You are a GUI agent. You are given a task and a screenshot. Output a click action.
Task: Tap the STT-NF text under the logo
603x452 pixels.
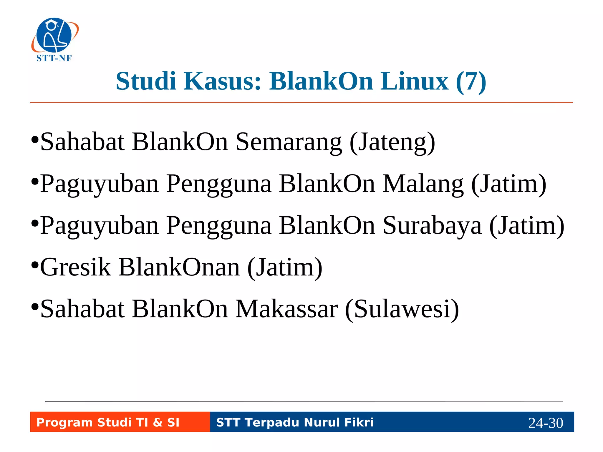pyautogui.click(x=54, y=58)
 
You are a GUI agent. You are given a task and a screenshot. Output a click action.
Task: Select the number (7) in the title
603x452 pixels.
pyautogui.click(x=471, y=82)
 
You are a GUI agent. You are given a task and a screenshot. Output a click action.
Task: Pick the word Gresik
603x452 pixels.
pyautogui.click(x=75, y=267)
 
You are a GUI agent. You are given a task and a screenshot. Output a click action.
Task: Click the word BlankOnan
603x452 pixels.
pyautogui.click(x=179, y=267)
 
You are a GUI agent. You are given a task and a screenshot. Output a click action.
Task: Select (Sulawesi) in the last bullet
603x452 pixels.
pyautogui.click(x=402, y=309)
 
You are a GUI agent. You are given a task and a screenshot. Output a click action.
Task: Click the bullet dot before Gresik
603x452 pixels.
pyautogui.click(x=35, y=265)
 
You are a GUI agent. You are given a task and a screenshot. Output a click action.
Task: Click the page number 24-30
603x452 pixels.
pyautogui.click(x=546, y=423)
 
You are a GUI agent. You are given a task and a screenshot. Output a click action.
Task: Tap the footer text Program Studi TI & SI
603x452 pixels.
pyautogui.click(x=108, y=422)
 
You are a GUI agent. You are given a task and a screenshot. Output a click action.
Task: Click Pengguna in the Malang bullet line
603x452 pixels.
pyautogui.click(x=218, y=184)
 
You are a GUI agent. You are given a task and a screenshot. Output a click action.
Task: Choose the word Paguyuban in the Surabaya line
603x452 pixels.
pyautogui.click(x=100, y=226)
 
